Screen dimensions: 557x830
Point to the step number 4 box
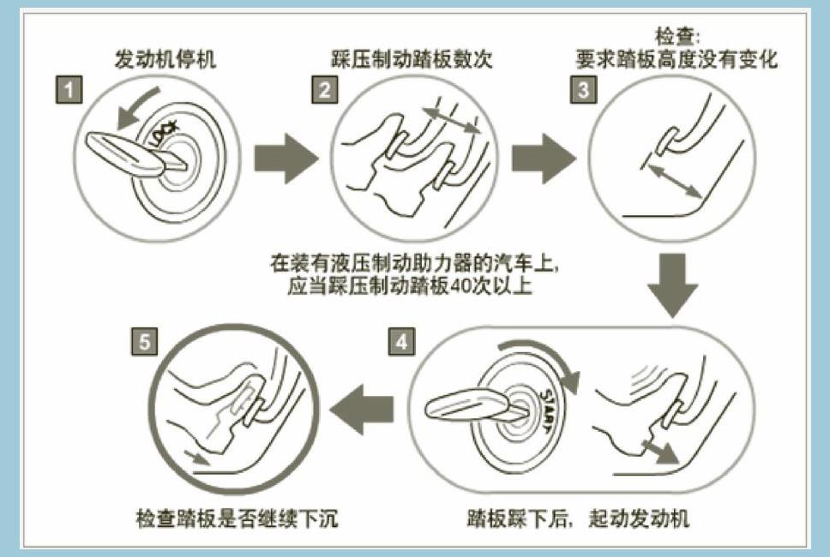pyautogui.click(x=401, y=342)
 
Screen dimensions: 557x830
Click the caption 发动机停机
pyautogui.click(x=165, y=60)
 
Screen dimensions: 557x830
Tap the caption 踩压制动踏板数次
pyautogui.click(x=412, y=60)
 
